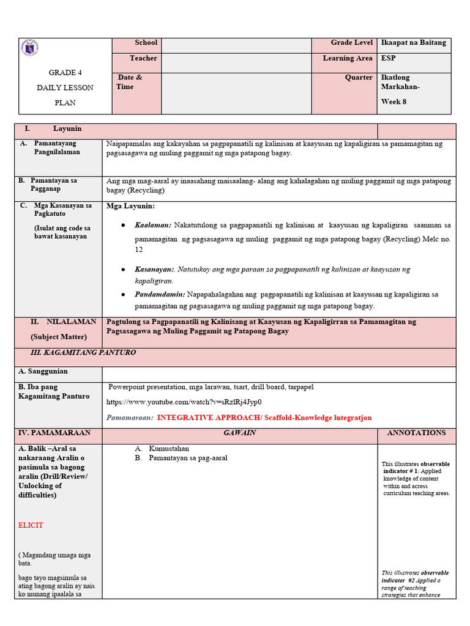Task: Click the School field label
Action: (146, 43)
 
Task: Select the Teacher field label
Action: (143, 59)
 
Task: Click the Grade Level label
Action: (351, 43)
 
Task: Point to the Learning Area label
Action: (348, 59)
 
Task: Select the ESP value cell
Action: (388, 59)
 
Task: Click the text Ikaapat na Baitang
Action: (413, 43)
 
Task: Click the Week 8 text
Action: (394, 101)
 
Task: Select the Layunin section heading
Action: (67, 129)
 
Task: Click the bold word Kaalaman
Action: (153, 226)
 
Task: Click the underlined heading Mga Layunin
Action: (130, 207)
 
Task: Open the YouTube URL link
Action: (184, 402)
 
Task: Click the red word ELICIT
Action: (31, 525)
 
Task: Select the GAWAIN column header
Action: (239, 433)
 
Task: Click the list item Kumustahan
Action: (169, 448)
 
